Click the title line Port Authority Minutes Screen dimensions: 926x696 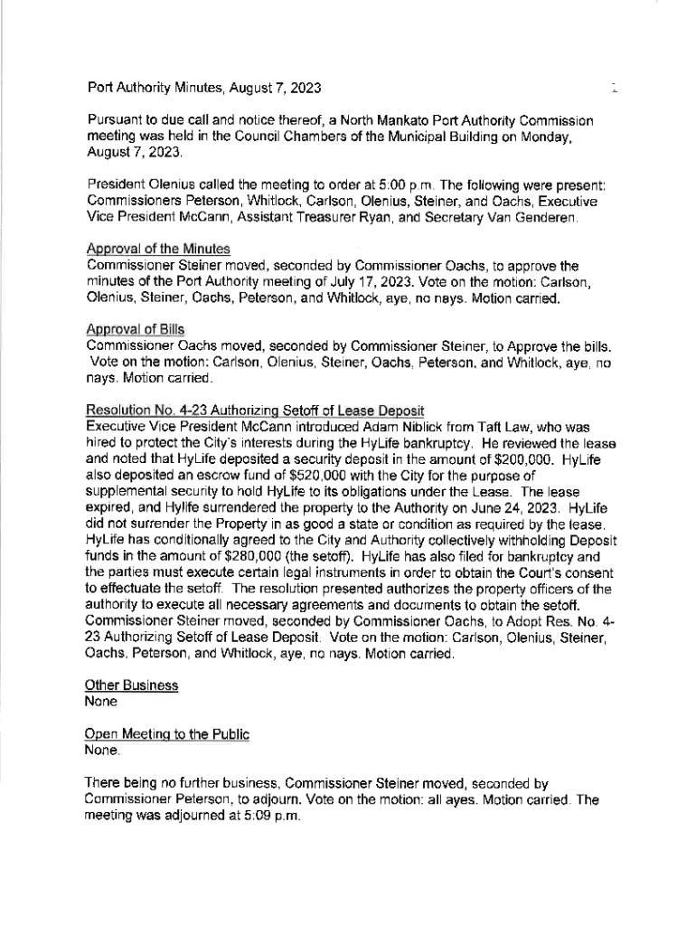pos(203,88)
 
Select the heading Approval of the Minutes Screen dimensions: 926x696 pos(158,248)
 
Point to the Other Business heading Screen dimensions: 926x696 pos(131,685)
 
